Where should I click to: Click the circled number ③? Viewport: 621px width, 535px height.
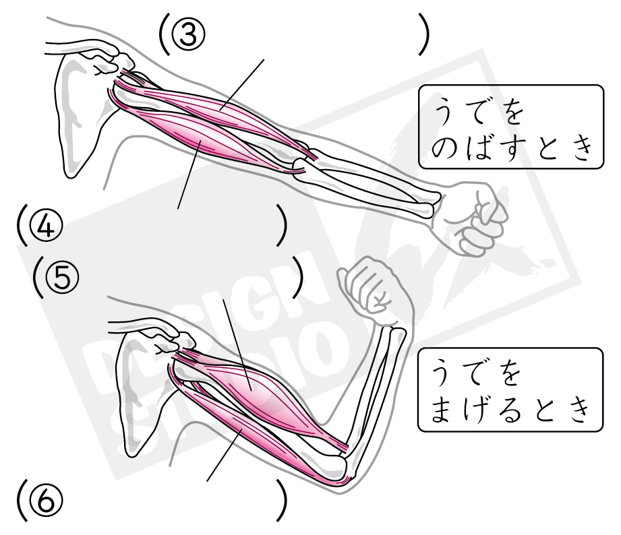click(189, 34)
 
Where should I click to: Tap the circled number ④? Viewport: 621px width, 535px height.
click(47, 226)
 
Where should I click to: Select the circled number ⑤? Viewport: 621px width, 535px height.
click(62, 278)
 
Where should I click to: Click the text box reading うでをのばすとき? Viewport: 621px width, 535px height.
click(511, 127)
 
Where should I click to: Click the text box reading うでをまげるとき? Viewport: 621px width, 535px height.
click(510, 389)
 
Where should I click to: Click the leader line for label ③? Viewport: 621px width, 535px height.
click(242, 85)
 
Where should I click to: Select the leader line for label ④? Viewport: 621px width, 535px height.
click(189, 174)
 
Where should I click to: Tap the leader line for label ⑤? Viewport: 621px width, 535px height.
click(237, 345)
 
